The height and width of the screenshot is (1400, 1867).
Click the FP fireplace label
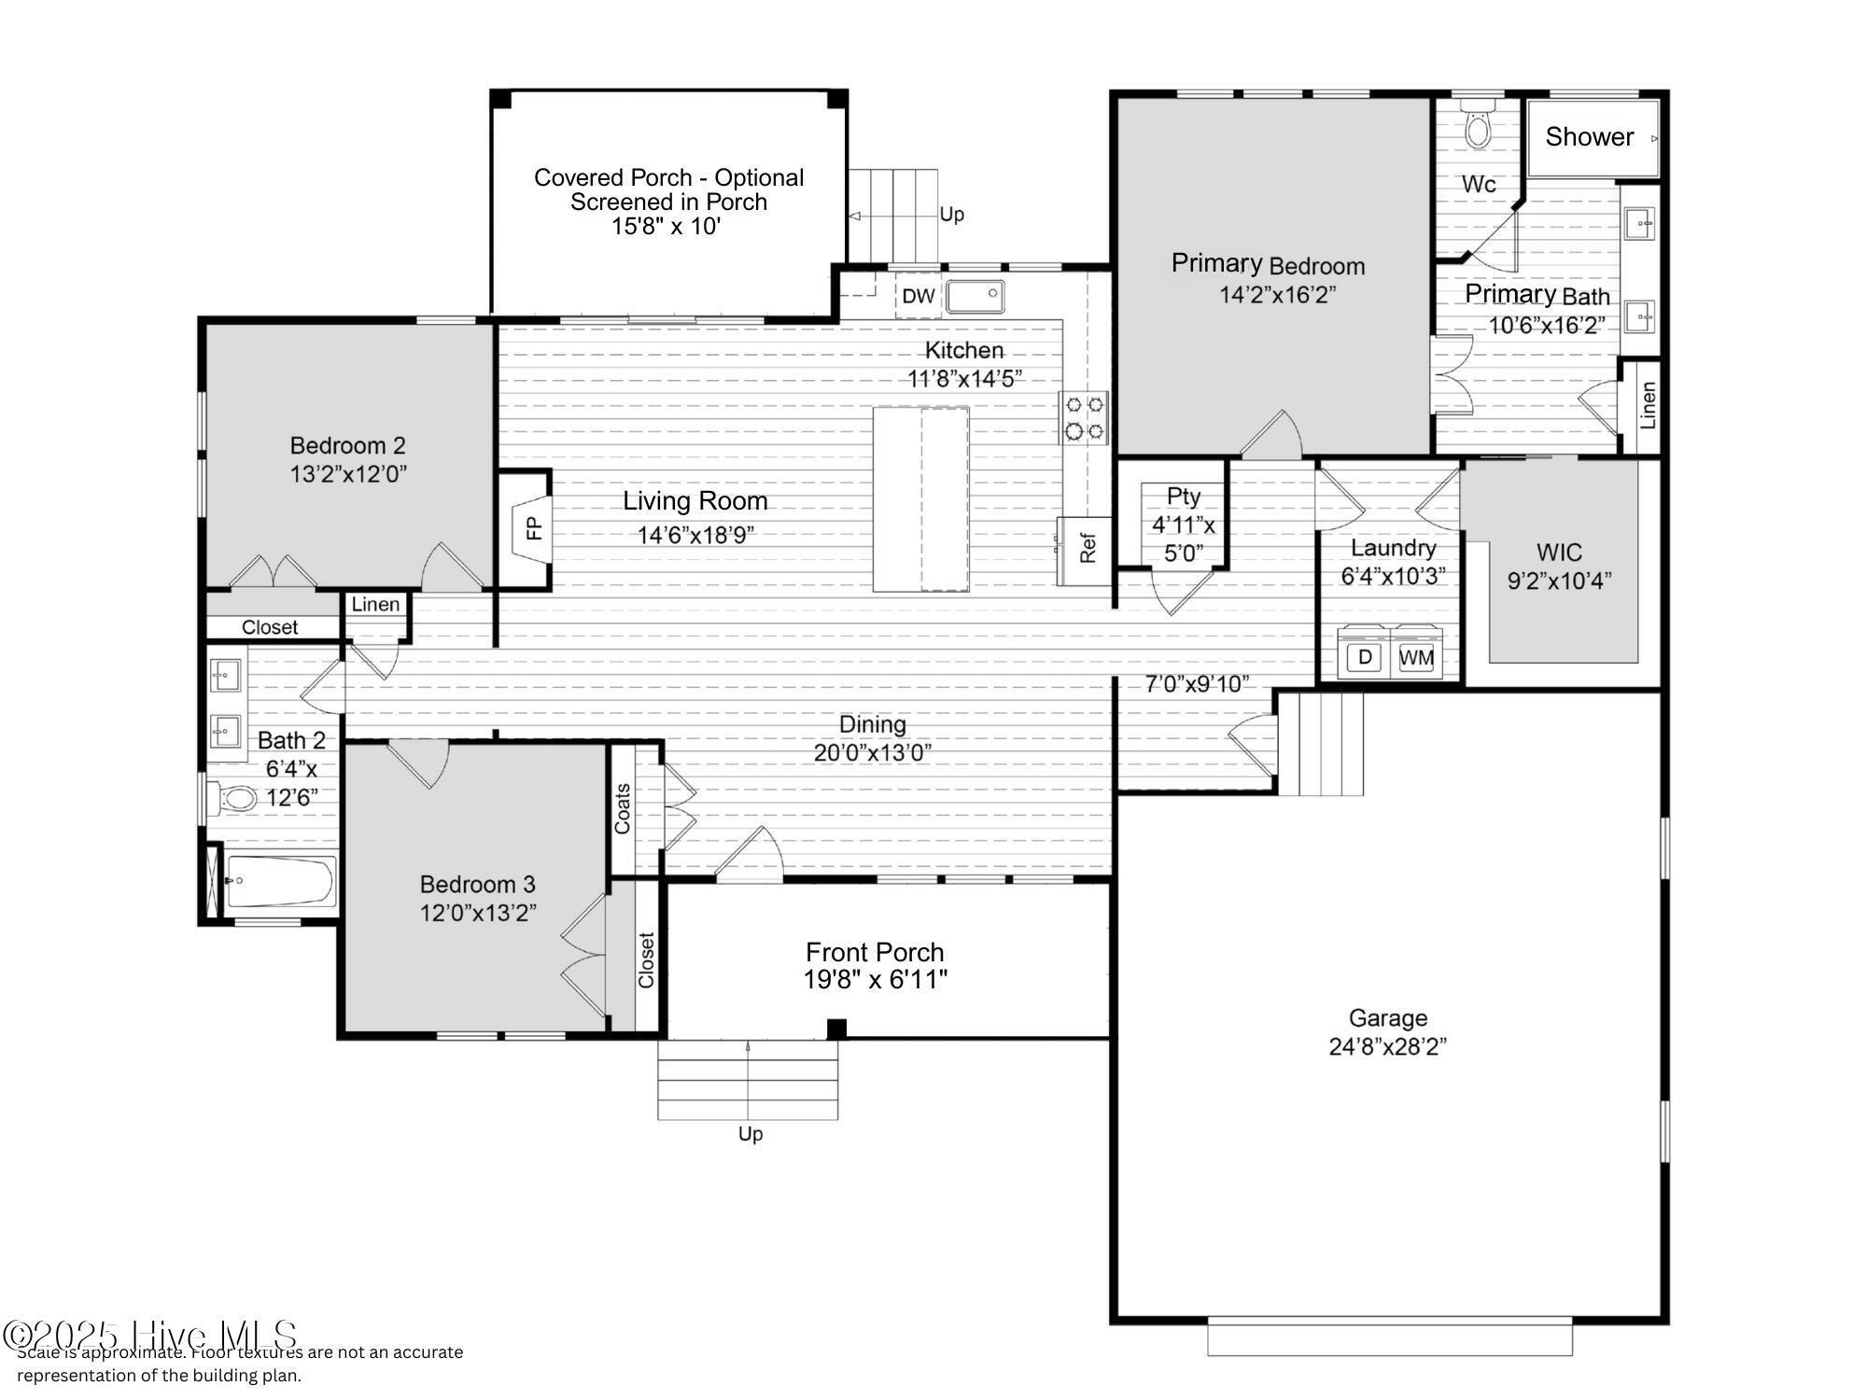point(534,529)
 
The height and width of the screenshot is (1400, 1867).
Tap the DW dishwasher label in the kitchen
point(919,296)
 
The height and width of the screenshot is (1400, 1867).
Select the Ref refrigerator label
point(1088,548)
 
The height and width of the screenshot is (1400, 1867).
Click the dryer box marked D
point(1365,657)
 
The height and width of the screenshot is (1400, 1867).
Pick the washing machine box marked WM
point(1416,657)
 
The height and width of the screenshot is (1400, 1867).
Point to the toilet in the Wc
point(1478,127)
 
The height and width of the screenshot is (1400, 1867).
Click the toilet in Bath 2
point(237,799)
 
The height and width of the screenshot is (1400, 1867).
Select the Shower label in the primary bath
point(1589,137)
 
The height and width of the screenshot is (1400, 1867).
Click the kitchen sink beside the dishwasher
point(976,297)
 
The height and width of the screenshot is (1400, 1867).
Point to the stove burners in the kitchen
point(1084,417)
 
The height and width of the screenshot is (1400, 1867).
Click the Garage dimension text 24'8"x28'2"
point(1387,1046)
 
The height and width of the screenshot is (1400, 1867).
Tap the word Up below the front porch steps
point(751,1134)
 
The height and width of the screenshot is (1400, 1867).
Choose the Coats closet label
point(623,808)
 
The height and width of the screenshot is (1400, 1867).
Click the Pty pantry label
point(1184,496)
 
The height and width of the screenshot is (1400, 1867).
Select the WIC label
point(1559,553)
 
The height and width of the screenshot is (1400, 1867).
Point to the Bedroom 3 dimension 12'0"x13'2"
point(478,913)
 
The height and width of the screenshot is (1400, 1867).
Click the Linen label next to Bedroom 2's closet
point(375,605)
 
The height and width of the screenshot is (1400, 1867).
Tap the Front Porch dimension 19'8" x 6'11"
point(876,979)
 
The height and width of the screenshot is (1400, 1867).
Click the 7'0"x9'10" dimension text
point(1197,684)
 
